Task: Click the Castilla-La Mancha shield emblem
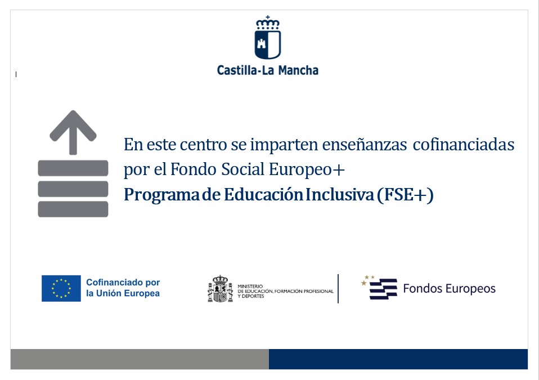click(268, 38)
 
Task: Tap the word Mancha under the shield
click(298, 70)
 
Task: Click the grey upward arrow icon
click(73, 132)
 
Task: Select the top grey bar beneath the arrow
click(73, 168)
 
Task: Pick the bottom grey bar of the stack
click(73, 209)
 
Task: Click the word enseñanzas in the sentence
click(365, 145)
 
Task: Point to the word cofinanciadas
click(464, 145)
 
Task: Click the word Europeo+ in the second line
click(307, 170)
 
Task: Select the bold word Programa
click(161, 195)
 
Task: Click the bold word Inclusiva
click(340, 195)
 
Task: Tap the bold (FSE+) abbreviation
click(405, 195)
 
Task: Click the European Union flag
click(61, 288)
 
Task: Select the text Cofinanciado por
click(123, 283)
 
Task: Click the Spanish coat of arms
click(221, 289)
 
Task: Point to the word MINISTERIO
click(250, 286)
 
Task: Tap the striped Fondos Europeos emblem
click(380, 287)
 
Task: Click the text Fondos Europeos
click(450, 289)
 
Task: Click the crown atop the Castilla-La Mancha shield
click(268, 23)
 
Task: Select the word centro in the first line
click(203, 145)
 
